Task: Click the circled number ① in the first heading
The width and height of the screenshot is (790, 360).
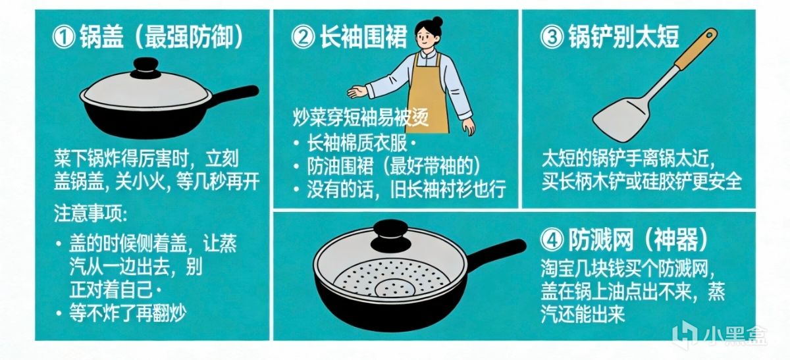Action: [63, 38]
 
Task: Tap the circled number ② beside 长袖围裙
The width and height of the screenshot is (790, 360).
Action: [303, 38]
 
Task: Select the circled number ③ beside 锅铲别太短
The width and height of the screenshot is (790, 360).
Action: [552, 38]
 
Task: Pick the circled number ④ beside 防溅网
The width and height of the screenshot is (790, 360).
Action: [552, 241]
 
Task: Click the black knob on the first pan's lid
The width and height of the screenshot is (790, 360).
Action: [145, 67]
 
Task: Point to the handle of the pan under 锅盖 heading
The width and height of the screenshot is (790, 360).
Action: [234, 95]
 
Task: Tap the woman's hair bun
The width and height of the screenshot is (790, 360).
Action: [437, 21]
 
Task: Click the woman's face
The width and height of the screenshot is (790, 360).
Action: [426, 38]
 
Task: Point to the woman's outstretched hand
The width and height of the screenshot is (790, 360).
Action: [357, 91]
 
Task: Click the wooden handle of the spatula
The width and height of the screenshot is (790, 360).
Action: [695, 49]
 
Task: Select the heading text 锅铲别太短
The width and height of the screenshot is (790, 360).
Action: [623, 37]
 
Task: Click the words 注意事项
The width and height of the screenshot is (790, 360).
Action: [90, 213]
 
